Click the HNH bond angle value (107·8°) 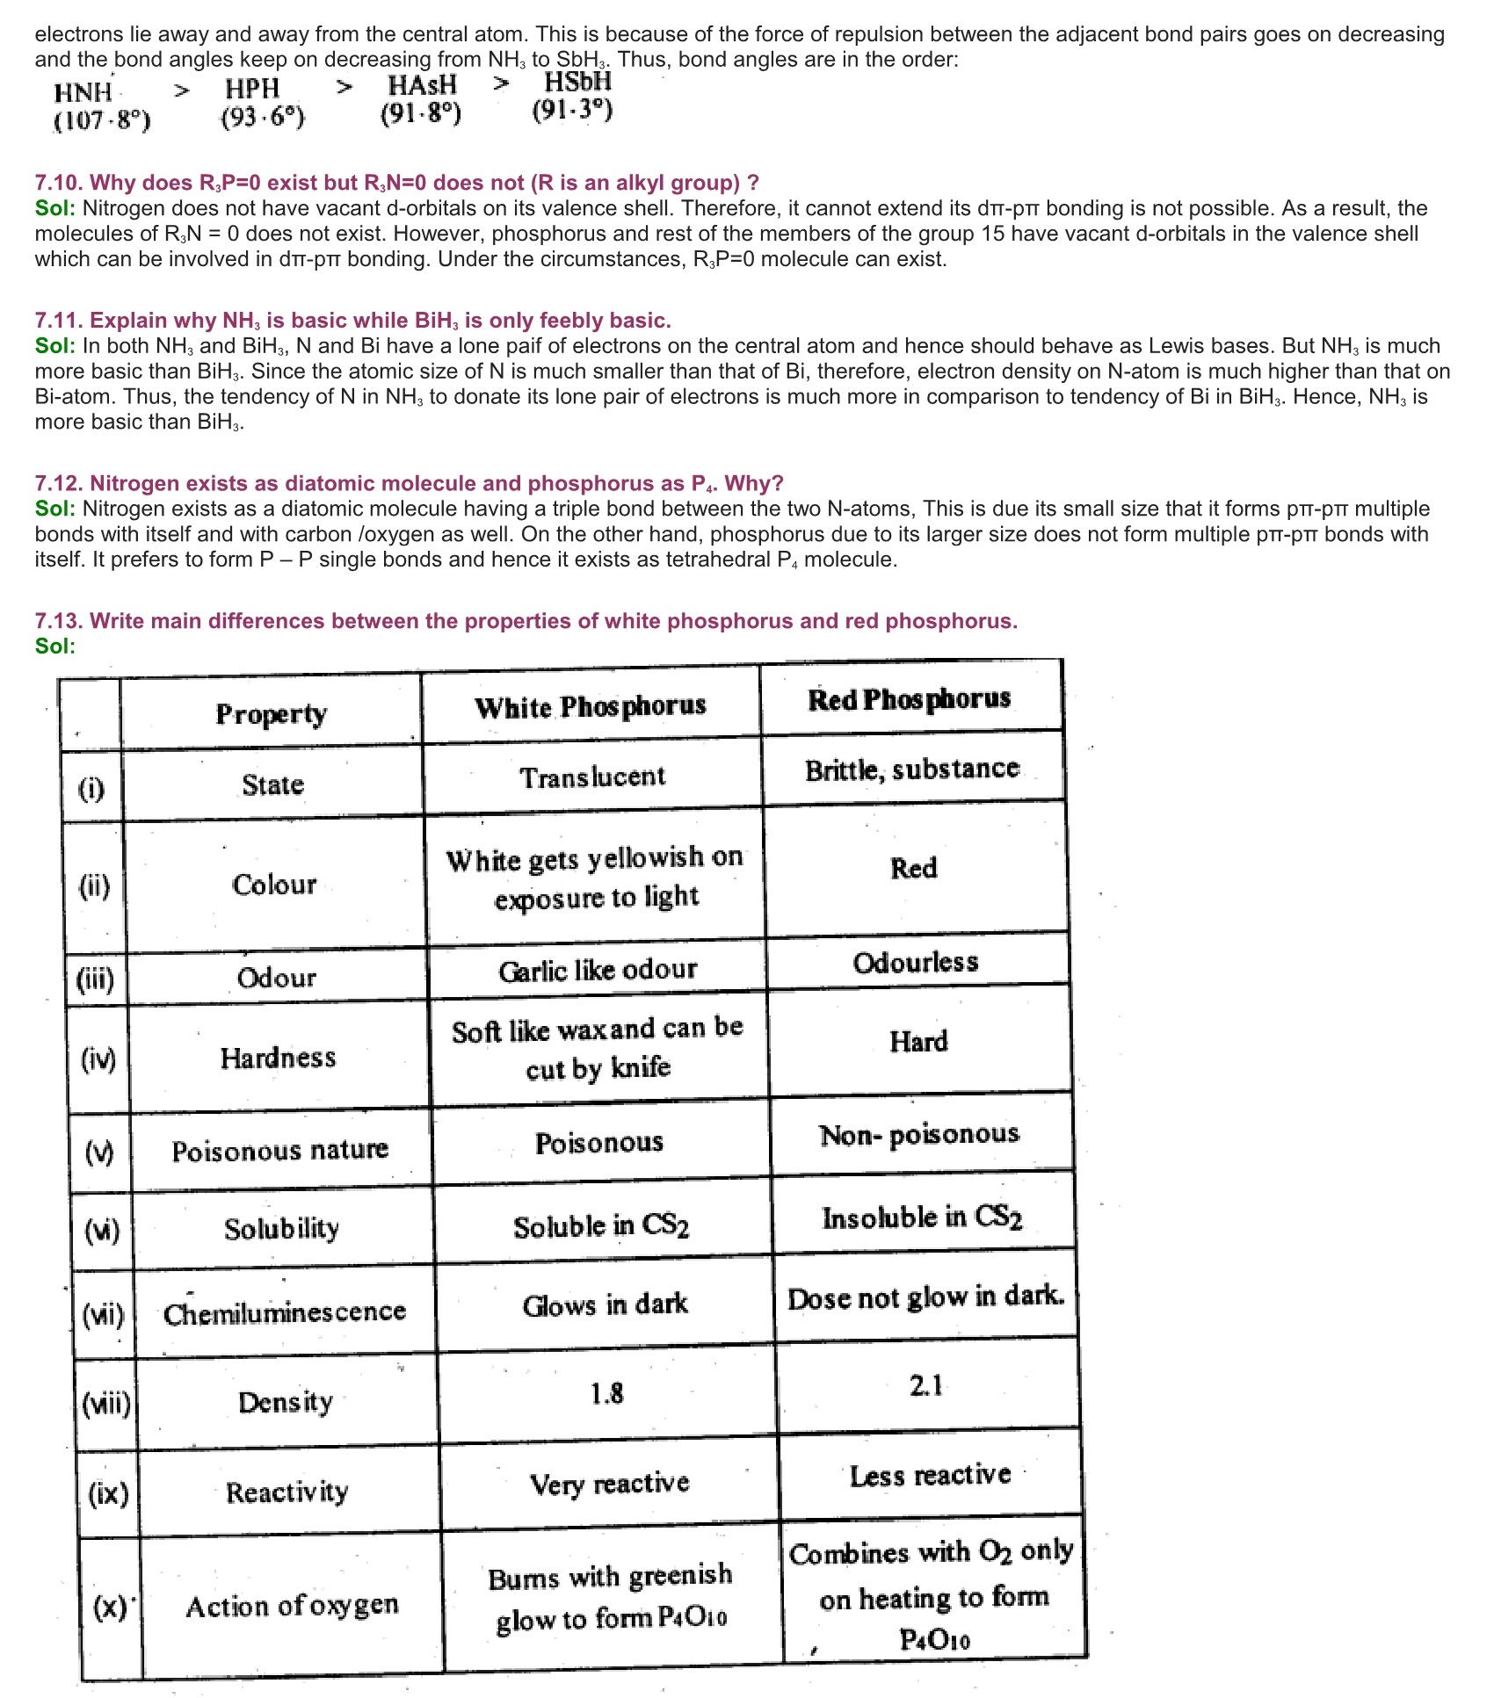[x=102, y=119]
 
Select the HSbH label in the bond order [x=577, y=83]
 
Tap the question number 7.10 [x=59, y=183]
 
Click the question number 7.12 [x=59, y=483]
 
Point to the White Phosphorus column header [x=591, y=706]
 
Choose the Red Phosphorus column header [x=910, y=699]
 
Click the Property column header [x=271, y=713]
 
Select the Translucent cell [x=592, y=777]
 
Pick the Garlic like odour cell [x=598, y=970]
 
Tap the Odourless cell [x=916, y=962]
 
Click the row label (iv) [x=98, y=1059]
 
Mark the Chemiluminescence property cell [x=285, y=1312]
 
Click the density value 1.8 [x=606, y=1393]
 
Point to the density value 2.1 [x=926, y=1385]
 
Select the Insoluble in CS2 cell [x=922, y=1218]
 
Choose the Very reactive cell [x=609, y=1484]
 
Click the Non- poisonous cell [x=919, y=1135]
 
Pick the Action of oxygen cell [x=292, y=1606]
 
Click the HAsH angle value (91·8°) [x=421, y=113]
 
